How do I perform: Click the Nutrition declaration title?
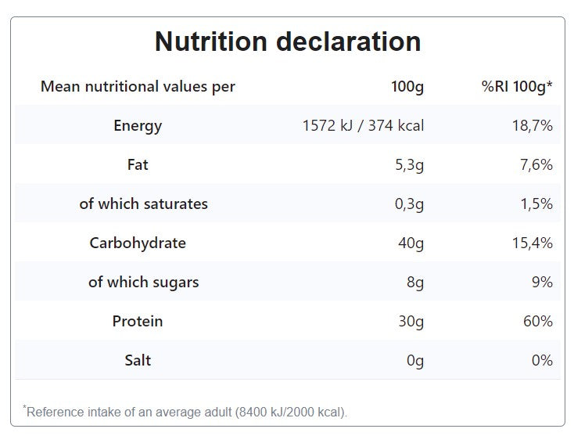287,41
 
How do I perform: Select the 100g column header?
407,86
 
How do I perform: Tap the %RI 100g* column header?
517,86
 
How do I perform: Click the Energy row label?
138,125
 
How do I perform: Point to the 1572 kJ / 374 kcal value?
363,125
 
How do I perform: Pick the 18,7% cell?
533,125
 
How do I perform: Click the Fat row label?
138,164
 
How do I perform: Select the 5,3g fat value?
409,164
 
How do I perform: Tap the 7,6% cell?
536,164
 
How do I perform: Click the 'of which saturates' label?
143,204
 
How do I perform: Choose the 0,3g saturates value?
409,204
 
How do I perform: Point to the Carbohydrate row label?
138,243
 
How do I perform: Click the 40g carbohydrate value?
411,243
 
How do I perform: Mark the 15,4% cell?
533,243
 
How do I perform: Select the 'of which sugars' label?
143,282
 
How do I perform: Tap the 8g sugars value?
415,282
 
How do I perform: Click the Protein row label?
138,321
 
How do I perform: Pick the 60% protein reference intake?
538,321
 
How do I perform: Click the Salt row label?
138,360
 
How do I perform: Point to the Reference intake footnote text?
185,412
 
